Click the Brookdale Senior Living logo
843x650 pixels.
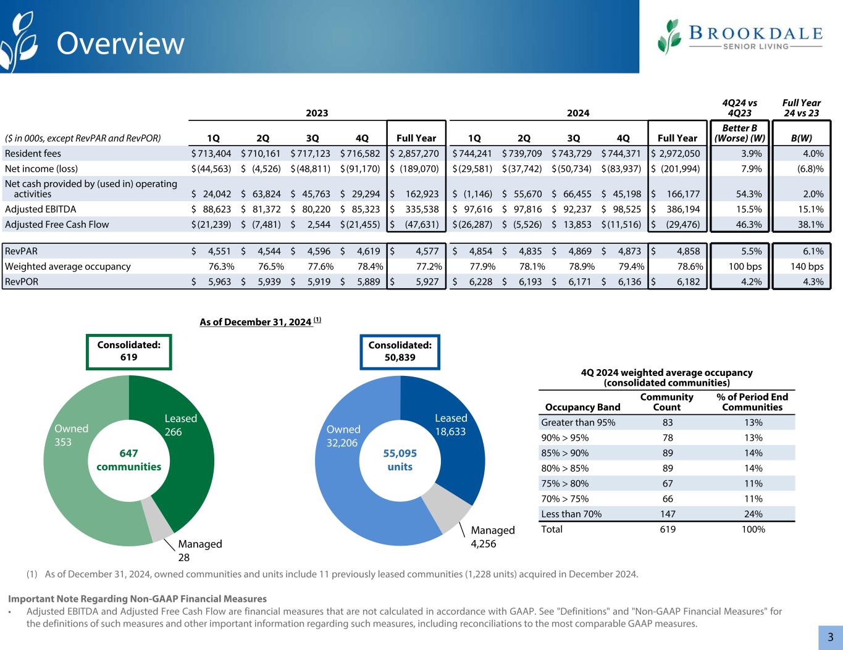740,37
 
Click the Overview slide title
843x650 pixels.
120,44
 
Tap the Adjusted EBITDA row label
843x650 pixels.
40,209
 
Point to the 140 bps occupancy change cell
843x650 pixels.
802,267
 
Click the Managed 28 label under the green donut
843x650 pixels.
199,551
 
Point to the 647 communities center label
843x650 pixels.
129,460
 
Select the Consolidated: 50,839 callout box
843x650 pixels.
400,351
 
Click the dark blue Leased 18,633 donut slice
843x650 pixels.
457,444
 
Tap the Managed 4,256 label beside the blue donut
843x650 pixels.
492,536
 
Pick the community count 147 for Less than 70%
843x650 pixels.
667,514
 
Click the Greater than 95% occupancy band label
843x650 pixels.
577,423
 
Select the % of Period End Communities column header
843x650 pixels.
752,402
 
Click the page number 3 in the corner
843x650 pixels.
831,637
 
